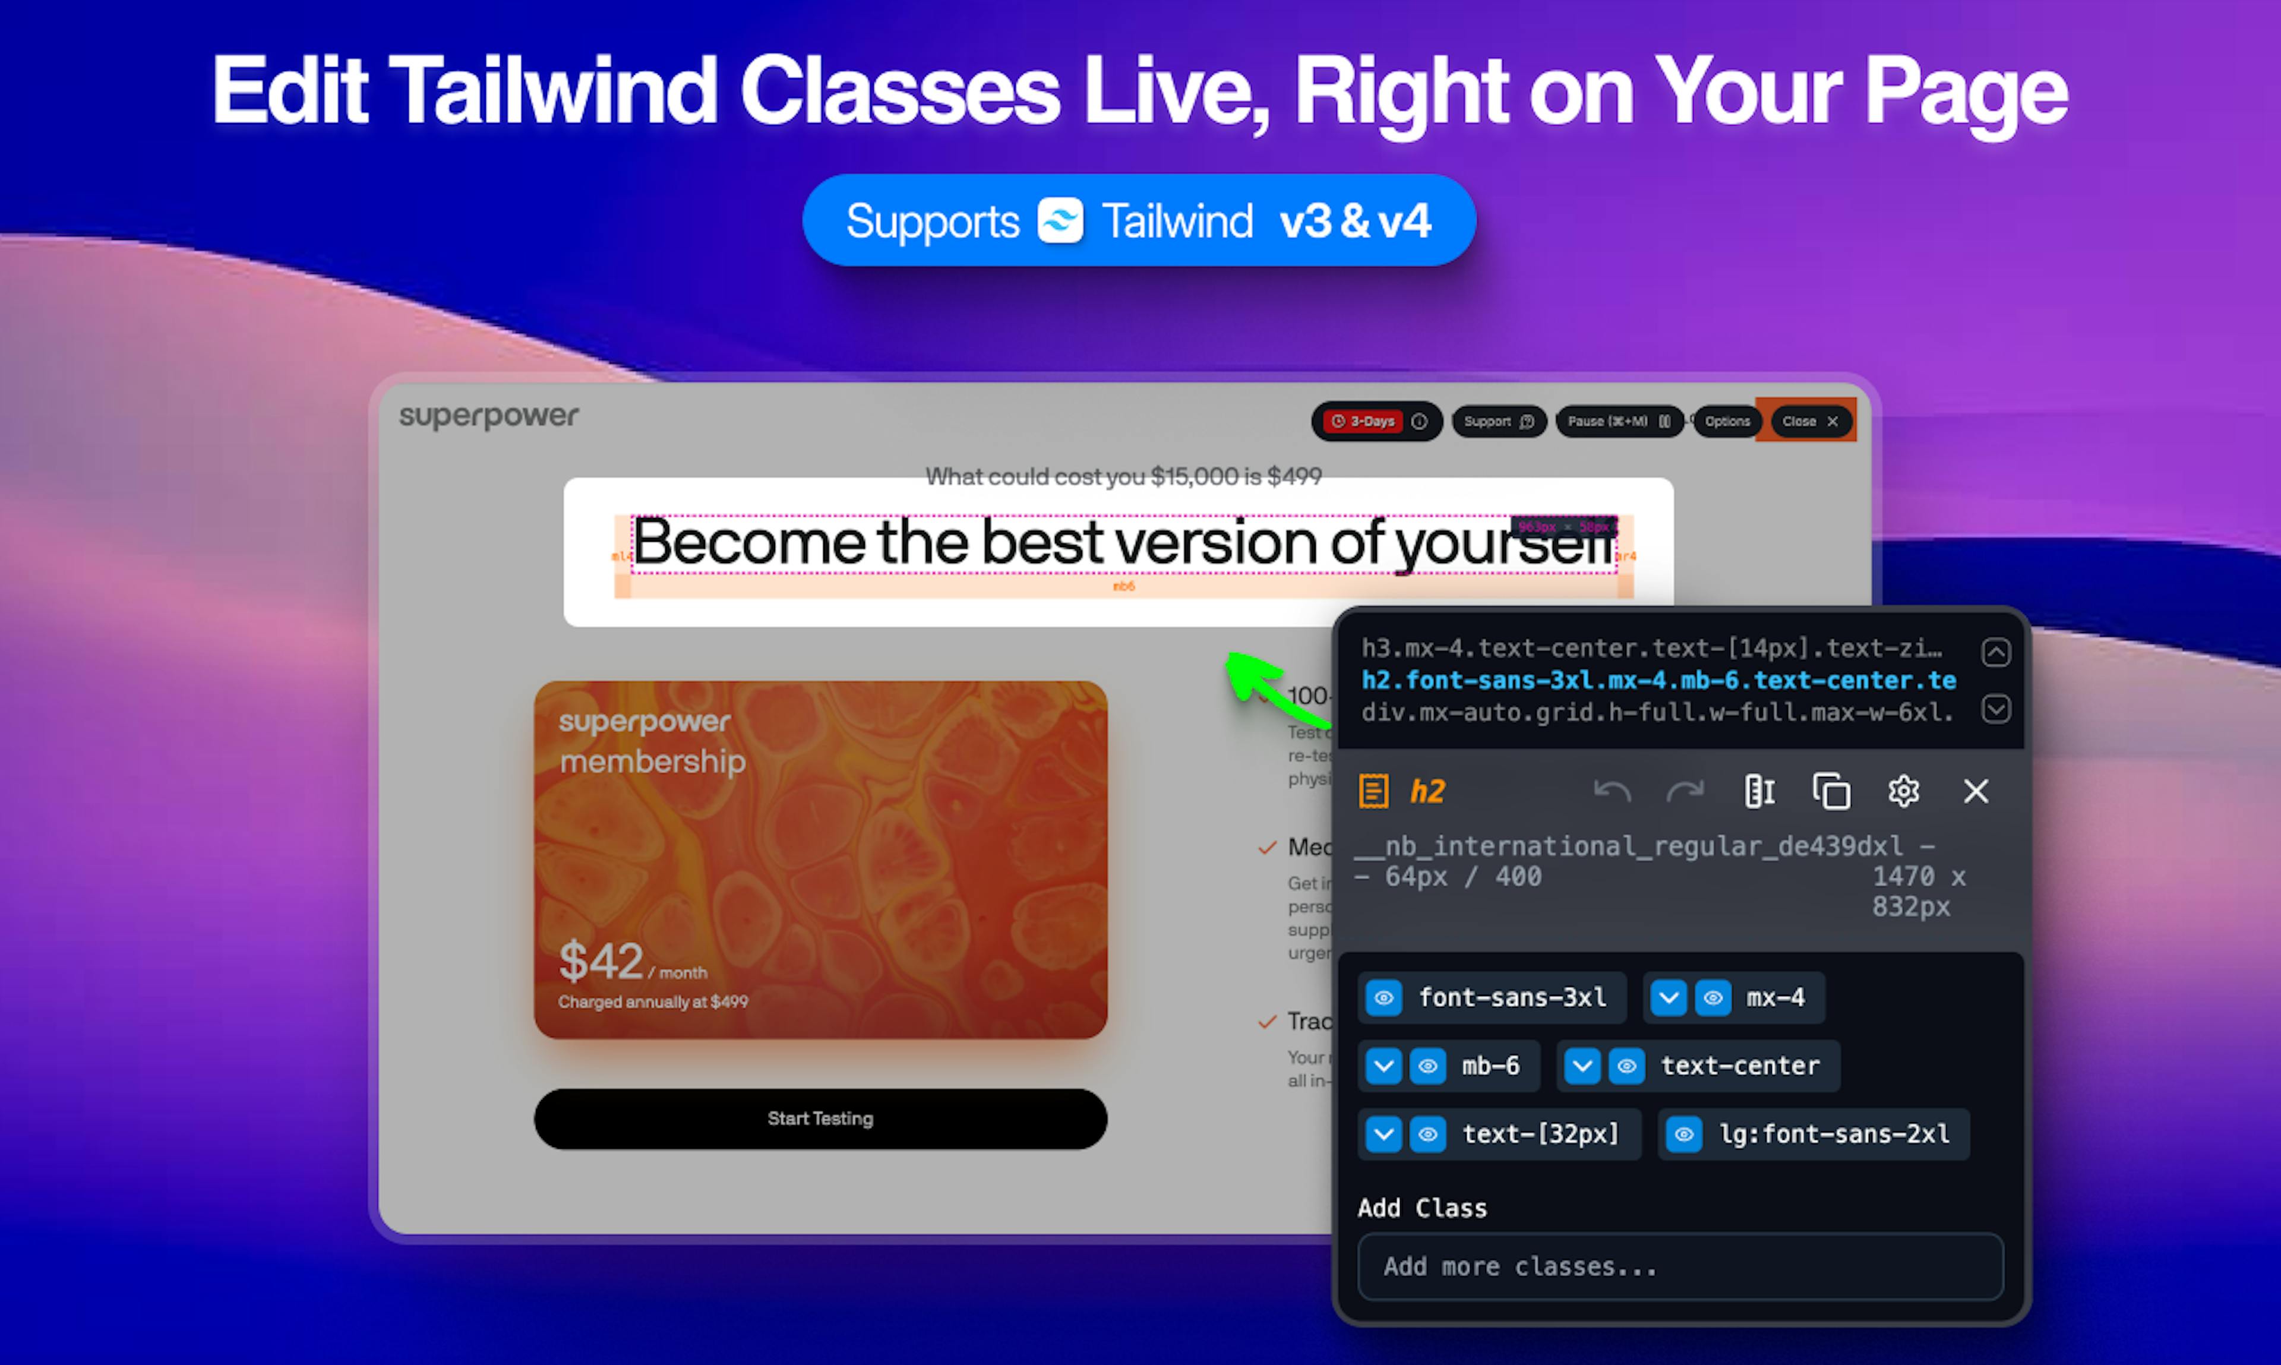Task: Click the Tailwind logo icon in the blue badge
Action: pos(1060,221)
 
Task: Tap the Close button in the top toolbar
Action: pos(1808,421)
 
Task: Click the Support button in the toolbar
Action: pos(1498,421)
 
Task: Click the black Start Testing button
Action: pos(820,1118)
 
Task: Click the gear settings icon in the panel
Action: pos(1903,791)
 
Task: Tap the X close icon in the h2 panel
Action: pos(1976,791)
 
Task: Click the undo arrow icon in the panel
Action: pos(1612,791)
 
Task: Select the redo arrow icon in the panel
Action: pos(1685,791)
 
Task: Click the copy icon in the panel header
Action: pos(1831,791)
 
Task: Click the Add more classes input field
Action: pos(1679,1266)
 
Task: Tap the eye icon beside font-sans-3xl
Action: pos(1383,998)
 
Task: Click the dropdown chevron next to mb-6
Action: pos(1383,1066)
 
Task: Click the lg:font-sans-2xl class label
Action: pos(1834,1134)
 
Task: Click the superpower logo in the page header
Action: pos(488,416)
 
